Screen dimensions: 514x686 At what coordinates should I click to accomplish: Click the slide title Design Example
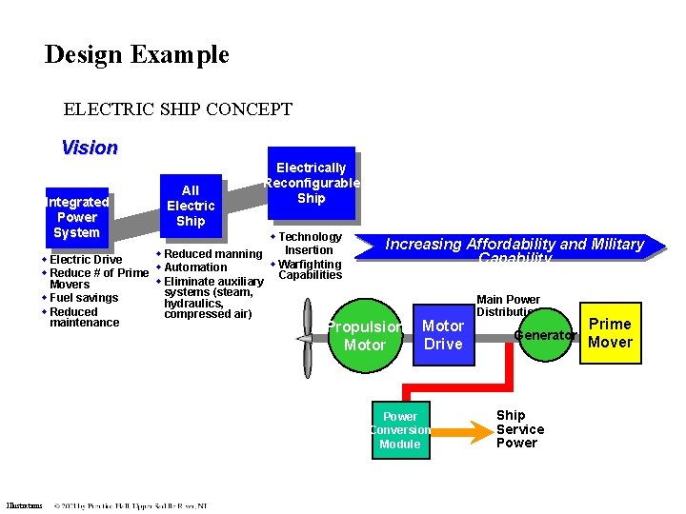(x=137, y=54)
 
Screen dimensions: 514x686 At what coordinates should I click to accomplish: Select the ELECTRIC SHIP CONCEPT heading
(x=177, y=109)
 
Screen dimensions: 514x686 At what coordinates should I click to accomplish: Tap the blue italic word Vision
(x=90, y=148)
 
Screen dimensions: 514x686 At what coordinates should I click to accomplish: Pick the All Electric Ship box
(x=191, y=206)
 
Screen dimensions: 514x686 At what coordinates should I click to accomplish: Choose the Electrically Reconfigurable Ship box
(x=312, y=183)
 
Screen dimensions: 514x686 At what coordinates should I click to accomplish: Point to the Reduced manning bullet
(x=212, y=254)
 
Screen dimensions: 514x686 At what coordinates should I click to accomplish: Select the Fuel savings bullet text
(x=84, y=298)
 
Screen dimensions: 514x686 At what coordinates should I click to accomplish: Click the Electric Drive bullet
(x=85, y=260)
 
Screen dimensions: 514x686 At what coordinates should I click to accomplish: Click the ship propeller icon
(x=306, y=338)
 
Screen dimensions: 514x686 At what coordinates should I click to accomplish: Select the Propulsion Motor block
(x=365, y=336)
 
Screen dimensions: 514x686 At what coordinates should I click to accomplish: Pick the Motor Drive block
(x=443, y=335)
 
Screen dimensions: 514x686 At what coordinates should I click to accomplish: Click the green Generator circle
(x=545, y=335)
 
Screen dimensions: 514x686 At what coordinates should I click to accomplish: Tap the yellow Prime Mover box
(x=610, y=334)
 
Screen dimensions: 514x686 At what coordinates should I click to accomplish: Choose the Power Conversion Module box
(x=400, y=430)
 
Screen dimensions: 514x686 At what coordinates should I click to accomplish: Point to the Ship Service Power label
(x=516, y=429)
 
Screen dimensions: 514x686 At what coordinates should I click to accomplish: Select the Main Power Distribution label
(x=508, y=306)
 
